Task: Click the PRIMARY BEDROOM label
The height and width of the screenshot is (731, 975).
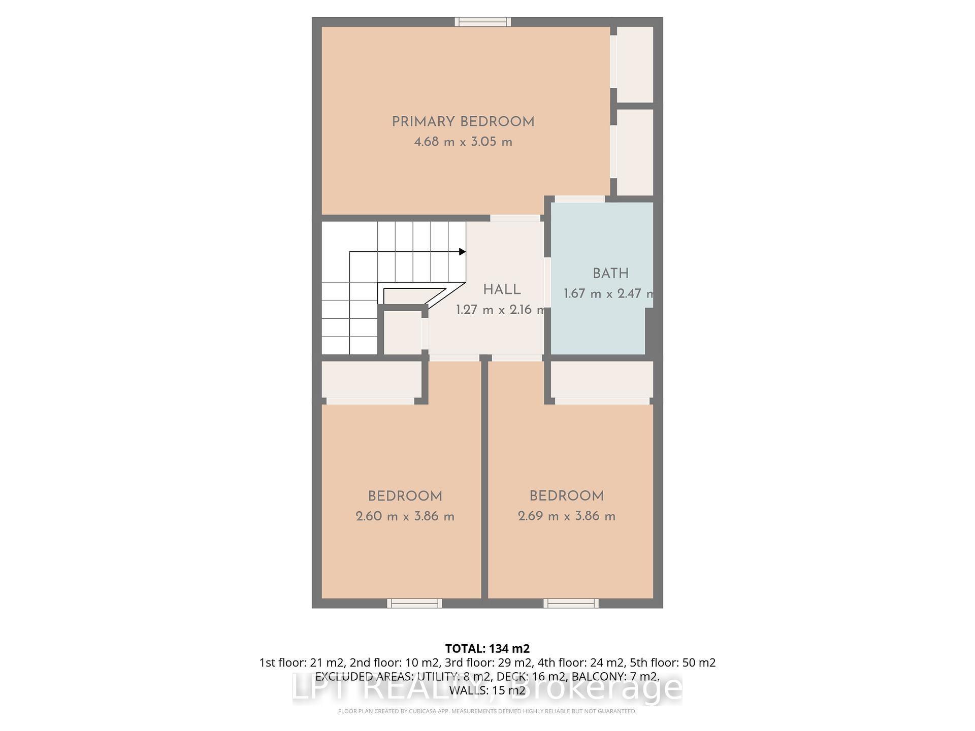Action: tap(463, 122)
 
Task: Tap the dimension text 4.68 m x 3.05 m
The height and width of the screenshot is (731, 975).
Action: tap(463, 142)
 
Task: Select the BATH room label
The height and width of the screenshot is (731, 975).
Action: tap(610, 274)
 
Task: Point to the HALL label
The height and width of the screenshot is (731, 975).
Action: tap(502, 290)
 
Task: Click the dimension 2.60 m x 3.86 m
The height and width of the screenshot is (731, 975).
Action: tap(405, 516)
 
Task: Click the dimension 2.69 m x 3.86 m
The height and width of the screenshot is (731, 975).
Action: tap(566, 516)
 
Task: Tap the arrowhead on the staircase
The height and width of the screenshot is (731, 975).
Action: tap(462, 252)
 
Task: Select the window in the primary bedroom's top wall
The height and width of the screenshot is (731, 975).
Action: tap(482, 21)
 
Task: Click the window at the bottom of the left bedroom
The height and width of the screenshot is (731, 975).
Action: tap(414, 603)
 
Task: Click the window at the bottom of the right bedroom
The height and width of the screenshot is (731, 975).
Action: tap(571, 603)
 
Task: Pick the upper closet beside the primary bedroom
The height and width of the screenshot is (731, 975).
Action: tap(634, 64)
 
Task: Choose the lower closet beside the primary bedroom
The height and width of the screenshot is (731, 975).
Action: tap(634, 152)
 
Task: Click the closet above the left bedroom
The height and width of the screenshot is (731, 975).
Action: tap(371, 379)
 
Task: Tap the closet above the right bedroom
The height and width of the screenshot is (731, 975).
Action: tap(601, 379)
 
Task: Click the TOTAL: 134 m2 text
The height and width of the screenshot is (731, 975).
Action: tap(487, 648)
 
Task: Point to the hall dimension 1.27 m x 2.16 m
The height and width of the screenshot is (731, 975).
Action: tap(501, 310)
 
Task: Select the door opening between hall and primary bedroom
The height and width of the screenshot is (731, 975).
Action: tap(515, 218)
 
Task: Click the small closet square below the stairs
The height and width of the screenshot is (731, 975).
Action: tap(402, 333)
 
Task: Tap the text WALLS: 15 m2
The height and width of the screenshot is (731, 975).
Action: tap(487, 690)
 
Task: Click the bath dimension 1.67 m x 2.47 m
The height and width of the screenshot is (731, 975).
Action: tap(608, 293)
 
